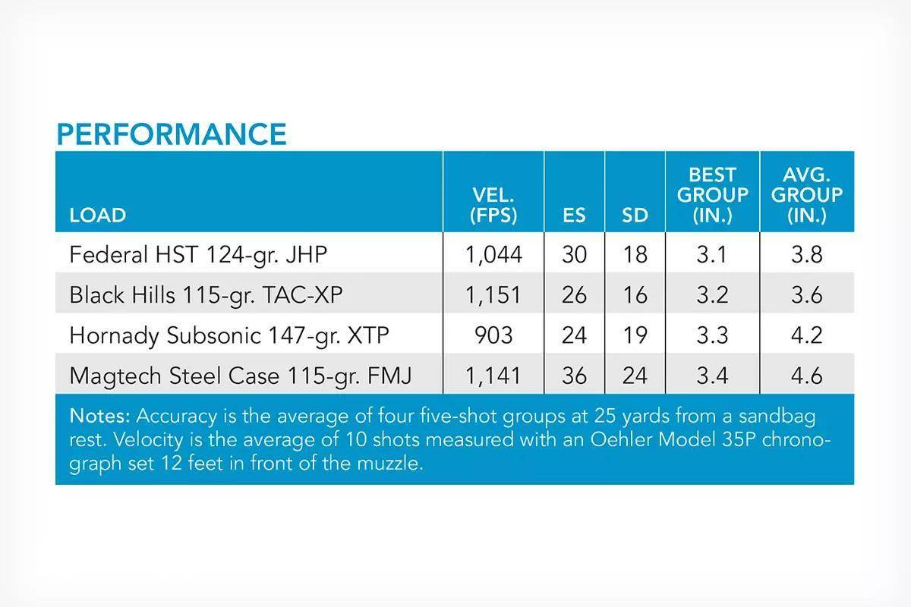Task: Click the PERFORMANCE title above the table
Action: pos(172,134)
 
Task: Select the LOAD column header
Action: pos(98,215)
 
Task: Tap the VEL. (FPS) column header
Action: pos(493,205)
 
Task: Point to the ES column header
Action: pos(574,215)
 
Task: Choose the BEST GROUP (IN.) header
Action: pos(713,195)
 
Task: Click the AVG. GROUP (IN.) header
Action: pos(807,195)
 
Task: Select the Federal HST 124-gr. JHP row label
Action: pos(198,255)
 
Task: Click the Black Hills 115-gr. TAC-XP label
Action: pos(206,294)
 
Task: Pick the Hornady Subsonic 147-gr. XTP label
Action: pos(229,335)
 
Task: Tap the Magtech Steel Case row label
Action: pos(241,376)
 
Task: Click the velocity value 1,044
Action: pos(493,255)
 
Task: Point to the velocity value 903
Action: pos(493,335)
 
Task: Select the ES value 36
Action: pos(574,376)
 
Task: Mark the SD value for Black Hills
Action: pos(635,294)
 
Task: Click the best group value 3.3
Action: pos(712,335)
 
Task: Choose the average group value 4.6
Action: pos(807,376)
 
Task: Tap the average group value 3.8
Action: pos(807,255)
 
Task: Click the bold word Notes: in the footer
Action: pos(99,416)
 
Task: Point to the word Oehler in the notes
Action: pos(622,439)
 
